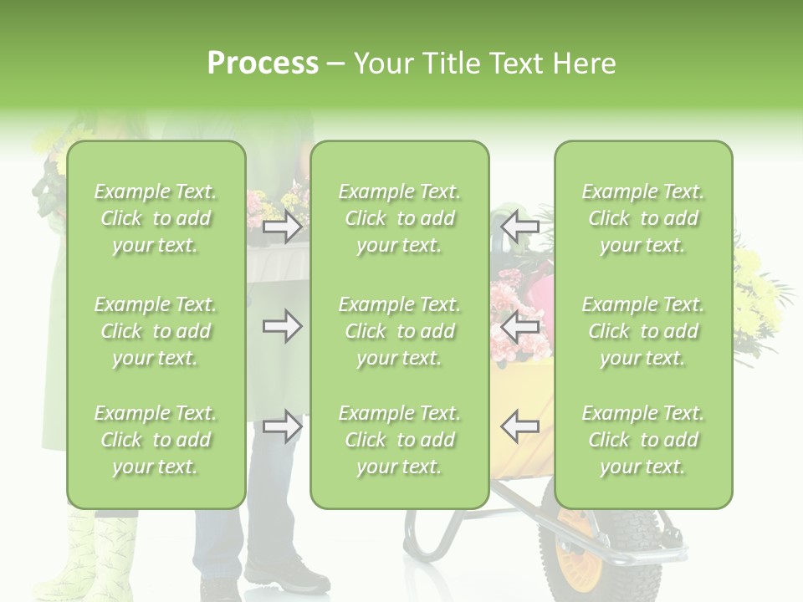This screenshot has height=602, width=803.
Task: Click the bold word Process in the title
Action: coord(263,64)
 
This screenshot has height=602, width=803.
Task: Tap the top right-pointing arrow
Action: coord(282,227)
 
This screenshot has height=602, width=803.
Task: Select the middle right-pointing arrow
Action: coord(282,326)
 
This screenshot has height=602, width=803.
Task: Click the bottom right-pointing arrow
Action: coord(282,426)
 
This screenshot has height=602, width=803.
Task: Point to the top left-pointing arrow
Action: coord(519,227)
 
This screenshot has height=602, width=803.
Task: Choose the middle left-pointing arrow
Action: coord(519,326)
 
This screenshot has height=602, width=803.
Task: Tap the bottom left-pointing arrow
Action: coord(519,426)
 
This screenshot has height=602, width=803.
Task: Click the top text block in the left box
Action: coord(156,218)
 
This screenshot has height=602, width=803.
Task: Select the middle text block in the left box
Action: coord(156,331)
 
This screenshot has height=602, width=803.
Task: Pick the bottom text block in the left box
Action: coord(156,440)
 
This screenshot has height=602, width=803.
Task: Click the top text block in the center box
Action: coord(399,218)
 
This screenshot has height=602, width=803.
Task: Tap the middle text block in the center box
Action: coord(399,331)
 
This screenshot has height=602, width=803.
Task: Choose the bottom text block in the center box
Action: coord(399,440)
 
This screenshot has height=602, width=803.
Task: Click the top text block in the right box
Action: coord(642,218)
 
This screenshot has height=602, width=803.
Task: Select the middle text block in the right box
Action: coord(642,331)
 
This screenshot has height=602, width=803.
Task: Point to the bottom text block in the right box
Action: coord(642,440)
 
